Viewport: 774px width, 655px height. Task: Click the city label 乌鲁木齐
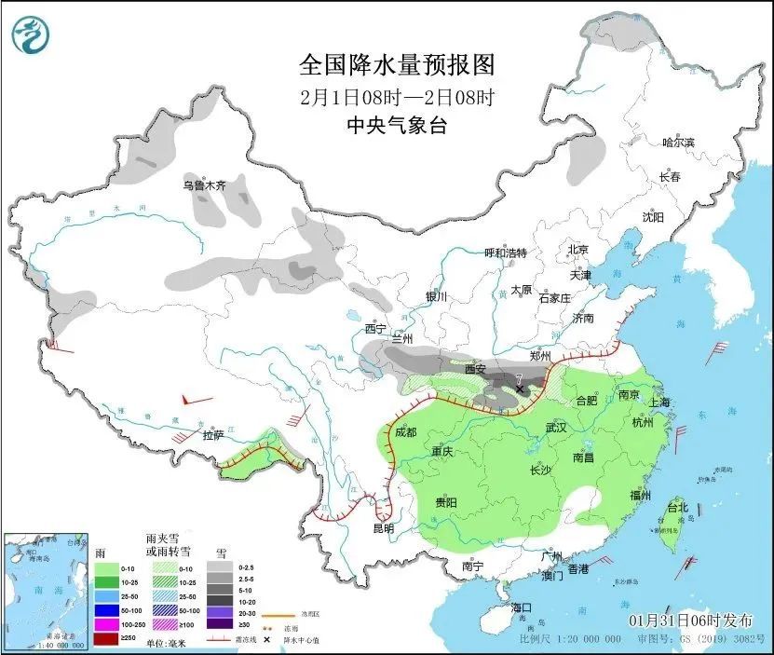coord(204,185)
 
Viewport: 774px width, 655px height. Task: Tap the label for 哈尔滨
coord(678,143)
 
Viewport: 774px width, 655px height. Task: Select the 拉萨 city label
coord(213,435)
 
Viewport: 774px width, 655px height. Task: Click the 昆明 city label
coord(383,528)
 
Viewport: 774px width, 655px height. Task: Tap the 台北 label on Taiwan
coord(676,508)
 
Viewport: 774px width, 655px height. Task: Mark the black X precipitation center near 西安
coord(520,389)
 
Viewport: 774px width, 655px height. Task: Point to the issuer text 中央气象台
coord(396,126)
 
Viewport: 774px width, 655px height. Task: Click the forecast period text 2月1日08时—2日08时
coord(396,96)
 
